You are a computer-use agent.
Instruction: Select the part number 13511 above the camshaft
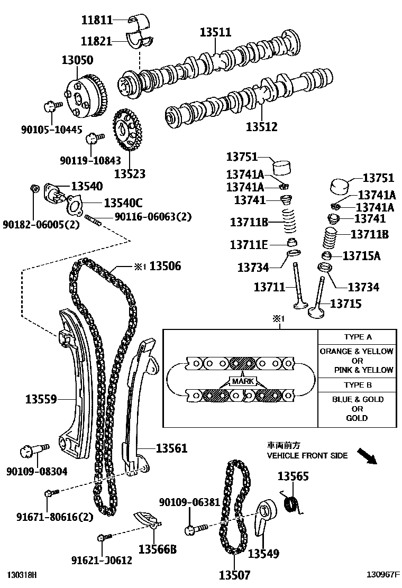click(215, 32)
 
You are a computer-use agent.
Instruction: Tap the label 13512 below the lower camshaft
click(261, 127)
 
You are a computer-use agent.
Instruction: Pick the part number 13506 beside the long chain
click(165, 266)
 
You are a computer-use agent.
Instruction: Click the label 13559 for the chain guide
click(41, 399)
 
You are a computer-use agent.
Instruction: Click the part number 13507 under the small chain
click(234, 575)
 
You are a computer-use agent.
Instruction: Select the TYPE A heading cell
click(358, 337)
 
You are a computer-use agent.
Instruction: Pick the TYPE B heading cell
click(358, 385)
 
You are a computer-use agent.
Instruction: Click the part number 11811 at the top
click(97, 21)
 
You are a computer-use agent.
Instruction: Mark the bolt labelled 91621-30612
click(102, 538)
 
